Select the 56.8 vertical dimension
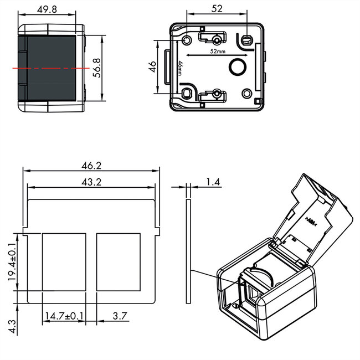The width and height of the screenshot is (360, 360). [x=97, y=68]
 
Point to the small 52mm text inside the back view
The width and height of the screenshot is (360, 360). [x=217, y=51]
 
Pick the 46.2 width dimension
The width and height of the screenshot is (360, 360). [x=91, y=166]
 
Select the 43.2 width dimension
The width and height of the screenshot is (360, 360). [x=91, y=182]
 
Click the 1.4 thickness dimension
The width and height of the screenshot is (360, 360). [x=213, y=181]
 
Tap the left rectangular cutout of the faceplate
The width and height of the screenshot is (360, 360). [x=64, y=261]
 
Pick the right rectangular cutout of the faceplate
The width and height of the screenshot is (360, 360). [x=119, y=261]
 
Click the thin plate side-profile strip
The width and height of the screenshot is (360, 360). [x=188, y=252]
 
